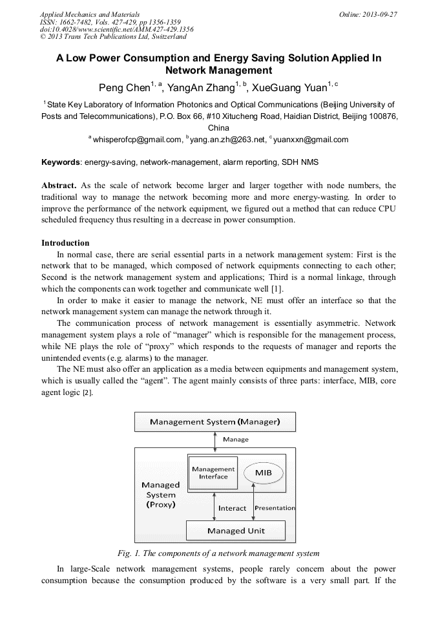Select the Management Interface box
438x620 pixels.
[213, 473]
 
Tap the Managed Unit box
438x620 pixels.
[236, 531]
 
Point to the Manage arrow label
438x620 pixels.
[236, 440]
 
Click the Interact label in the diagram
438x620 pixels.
[233, 508]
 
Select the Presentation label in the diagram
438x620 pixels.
[275, 508]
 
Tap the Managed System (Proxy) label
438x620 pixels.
[161, 494]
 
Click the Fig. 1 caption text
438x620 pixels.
[218, 553]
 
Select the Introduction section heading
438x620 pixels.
[65, 243]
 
